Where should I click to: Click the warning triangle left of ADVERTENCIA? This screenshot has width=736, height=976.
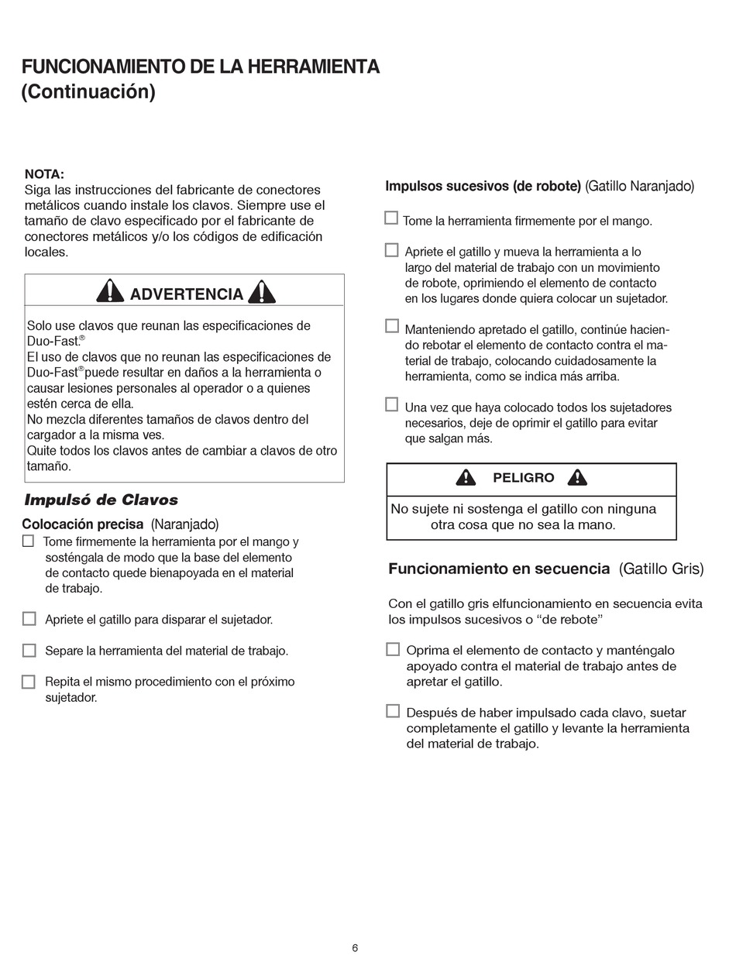click(110, 291)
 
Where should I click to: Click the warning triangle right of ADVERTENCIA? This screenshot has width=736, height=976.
click(262, 291)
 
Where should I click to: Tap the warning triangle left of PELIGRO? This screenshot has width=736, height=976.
click(466, 477)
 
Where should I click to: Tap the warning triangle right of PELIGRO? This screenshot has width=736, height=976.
click(577, 477)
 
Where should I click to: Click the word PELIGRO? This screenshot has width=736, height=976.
click(524, 478)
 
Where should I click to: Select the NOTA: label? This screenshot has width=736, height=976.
click(44, 174)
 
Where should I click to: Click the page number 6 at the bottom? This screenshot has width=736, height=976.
click(355, 948)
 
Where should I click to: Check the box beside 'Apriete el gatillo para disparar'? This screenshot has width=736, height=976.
click(29, 618)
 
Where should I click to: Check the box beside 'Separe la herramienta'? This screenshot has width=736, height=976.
click(29, 650)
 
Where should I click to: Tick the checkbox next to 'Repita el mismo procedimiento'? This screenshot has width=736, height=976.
click(29, 682)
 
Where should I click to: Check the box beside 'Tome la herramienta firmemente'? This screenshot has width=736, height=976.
click(391, 218)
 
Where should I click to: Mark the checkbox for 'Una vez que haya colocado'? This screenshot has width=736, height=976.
click(391, 404)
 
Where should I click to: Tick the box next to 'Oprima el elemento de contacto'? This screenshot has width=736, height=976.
click(393, 649)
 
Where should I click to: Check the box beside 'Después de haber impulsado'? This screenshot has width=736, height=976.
click(393, 711)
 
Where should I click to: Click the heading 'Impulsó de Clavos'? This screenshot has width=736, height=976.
click(101, 500)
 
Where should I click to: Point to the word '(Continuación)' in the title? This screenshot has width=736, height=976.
click(88, 91)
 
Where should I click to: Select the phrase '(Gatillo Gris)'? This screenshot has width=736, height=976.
click(661, 569)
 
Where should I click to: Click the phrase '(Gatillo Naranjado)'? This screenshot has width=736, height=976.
click(639, 186)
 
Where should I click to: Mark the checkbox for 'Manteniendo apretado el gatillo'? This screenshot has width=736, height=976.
click(391, 326)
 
